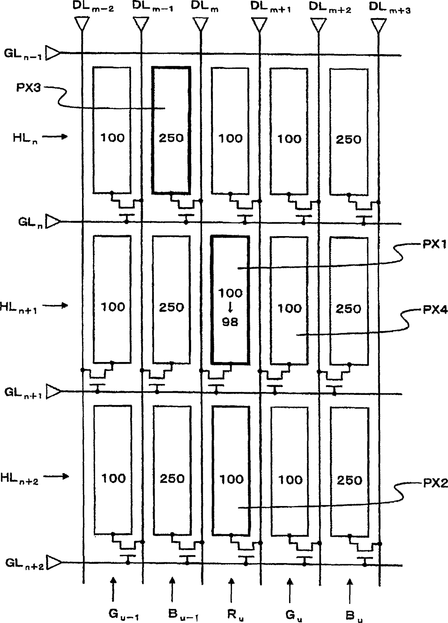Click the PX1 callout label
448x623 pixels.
(x=435, y=245)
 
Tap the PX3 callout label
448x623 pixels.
(x=29, y=87)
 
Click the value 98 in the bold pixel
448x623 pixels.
(x=230, y=322)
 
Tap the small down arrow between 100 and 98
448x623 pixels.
(x=231, y=307)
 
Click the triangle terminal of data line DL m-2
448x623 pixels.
(x=82, y=25)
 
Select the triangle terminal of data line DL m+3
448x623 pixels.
(x=378, y=25)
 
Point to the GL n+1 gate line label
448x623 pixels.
(x=23, y=393)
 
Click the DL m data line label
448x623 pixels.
(x=204, y=7)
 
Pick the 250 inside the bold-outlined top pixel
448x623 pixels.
(x=171, y=138)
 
